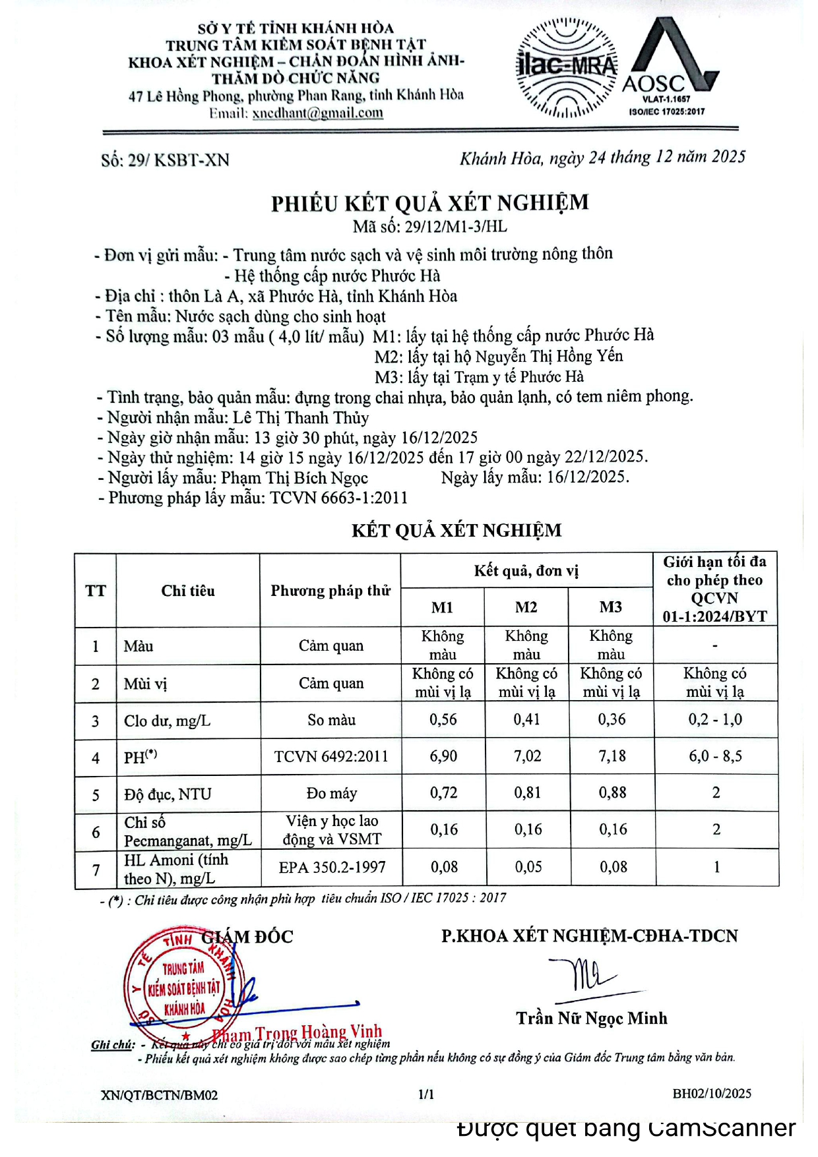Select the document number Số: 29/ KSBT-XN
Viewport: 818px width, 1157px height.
tap(165, 160)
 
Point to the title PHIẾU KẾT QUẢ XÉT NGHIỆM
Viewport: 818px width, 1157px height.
tap(429, 202)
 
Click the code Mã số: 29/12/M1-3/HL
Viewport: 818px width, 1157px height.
tap(429, 227)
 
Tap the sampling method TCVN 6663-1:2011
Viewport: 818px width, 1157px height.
tap(339, 498)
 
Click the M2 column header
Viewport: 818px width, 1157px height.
tap(526, 607)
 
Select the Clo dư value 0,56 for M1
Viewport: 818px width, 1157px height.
tap(443, 720)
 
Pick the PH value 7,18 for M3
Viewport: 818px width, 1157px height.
tap(612, 756)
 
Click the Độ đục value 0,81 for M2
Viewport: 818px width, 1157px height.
tap(527, 793)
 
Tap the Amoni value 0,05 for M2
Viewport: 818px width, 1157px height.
tap(528, 867)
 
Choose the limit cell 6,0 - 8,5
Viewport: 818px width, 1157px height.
tap(715, 756)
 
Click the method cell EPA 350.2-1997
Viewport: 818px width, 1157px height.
tap(331, 867)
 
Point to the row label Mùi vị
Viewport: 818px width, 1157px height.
tap(145, 684)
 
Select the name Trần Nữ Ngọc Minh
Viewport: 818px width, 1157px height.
tap(592, 1019)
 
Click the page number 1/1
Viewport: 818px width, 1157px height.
tap(426, 1094)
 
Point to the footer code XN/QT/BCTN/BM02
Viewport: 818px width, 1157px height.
tap(159, 1095)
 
